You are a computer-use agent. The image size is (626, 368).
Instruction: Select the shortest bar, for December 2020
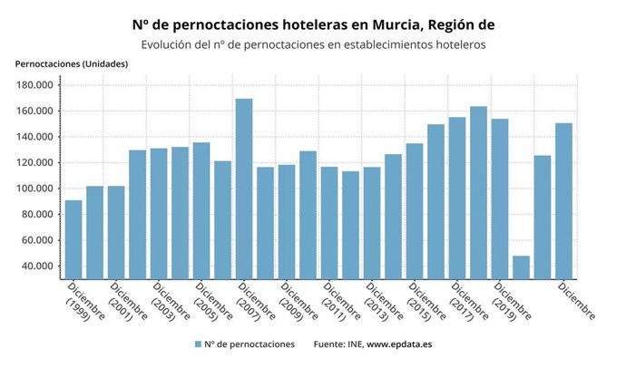(x=521, y=267)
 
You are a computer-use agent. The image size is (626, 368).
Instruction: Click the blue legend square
(x=197, y=344)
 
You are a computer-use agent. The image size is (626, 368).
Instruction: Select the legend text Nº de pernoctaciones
(x=249, y=344)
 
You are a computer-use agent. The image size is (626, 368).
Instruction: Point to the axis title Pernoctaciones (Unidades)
(x=72, y=63)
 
